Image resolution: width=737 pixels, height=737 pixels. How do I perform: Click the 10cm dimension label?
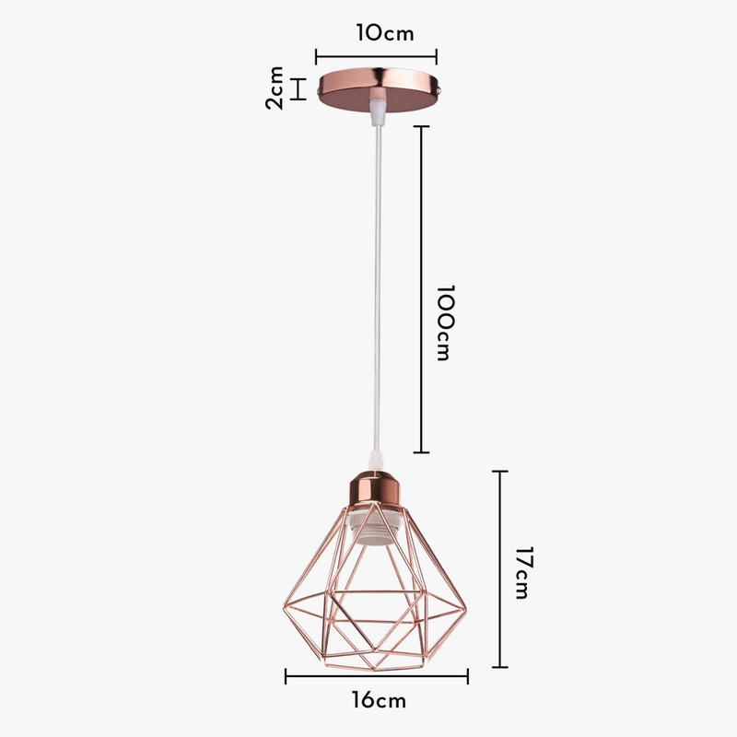[x=384, y=34]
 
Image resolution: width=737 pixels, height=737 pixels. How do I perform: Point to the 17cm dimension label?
[x=521, y=571]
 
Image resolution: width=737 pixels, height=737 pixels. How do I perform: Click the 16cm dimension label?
[x=378, y=701]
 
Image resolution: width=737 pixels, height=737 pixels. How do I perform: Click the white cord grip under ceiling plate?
[x=376, y=113]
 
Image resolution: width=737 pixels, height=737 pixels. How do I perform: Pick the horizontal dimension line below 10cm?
[x=376, y=54]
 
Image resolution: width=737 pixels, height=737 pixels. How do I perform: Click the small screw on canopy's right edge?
[x=445, y=91]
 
